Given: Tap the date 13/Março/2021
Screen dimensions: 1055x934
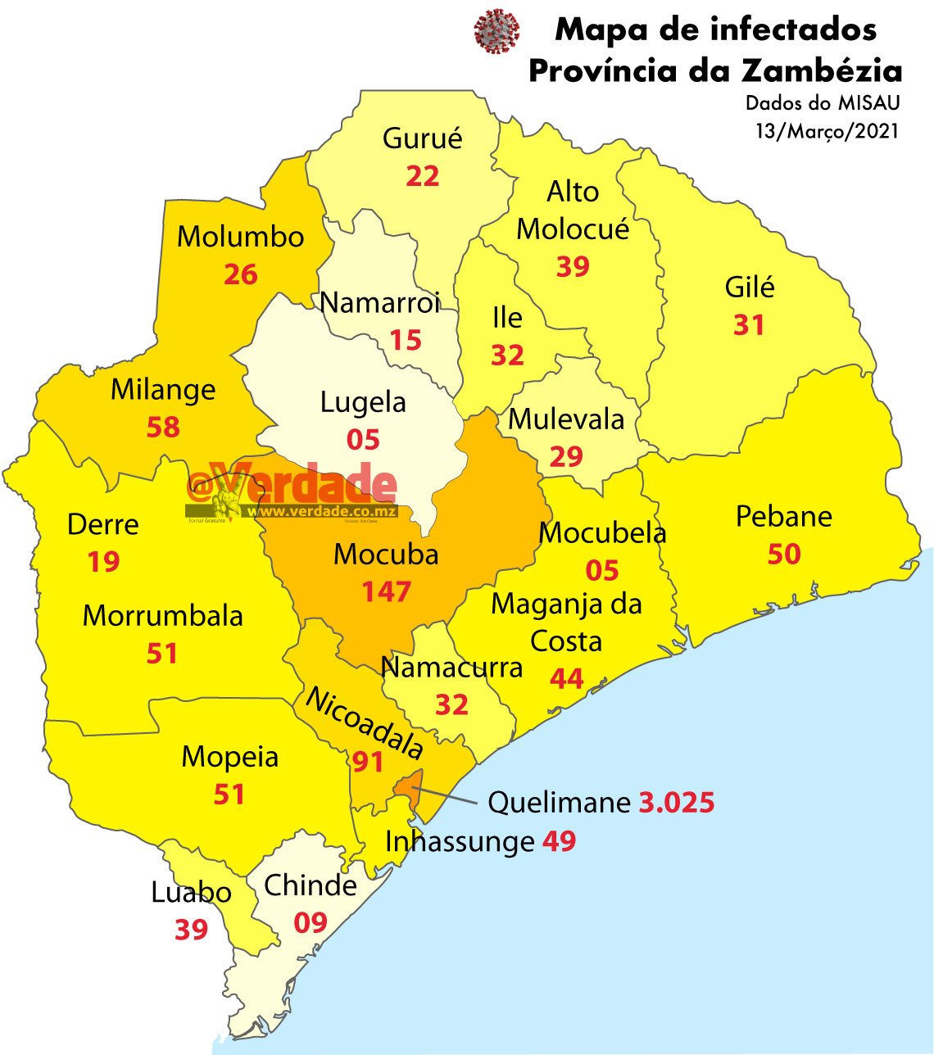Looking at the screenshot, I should pos(827,131).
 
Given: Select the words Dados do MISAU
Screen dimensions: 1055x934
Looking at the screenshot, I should pos(822,103).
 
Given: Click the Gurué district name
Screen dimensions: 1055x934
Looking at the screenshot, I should pos(422,138).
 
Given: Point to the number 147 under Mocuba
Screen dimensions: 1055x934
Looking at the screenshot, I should pos(386,591).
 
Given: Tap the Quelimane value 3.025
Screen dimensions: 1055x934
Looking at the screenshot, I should pos(676,803).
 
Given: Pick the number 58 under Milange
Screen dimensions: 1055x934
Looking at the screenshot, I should pos(162,427).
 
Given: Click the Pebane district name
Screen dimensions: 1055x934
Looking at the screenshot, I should pos(783,517).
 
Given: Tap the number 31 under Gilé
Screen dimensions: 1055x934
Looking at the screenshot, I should pos(748,325).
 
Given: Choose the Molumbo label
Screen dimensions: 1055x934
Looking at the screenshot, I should pos(240,237).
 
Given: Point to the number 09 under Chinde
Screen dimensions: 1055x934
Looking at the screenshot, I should pos(311,923).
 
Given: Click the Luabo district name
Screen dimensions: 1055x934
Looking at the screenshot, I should pos(191,893).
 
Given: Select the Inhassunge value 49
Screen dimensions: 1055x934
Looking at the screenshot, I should pos(559,841).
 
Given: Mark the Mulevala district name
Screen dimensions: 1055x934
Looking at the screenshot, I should pos(566,419).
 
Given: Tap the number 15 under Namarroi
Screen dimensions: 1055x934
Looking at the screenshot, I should pos(406,340).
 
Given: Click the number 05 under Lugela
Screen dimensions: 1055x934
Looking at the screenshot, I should pos(362,440).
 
